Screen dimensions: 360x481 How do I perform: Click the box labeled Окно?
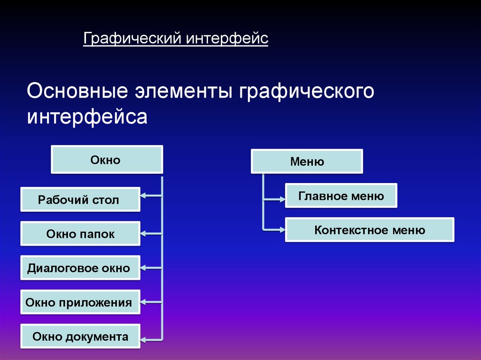tap(107, 160)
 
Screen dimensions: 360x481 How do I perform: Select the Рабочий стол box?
tap(80, 200)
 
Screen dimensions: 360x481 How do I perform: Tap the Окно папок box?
tap(80, 234)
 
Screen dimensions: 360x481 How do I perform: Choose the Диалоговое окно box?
tap(80, 268)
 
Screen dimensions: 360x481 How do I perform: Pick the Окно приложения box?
tap(80, 302)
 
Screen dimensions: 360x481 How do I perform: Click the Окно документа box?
tap(80, 336)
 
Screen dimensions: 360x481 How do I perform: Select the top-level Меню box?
tap(307, 162)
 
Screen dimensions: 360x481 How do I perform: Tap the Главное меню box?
tap(341, 196)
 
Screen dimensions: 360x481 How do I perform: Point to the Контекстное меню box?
tap(370, 230)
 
